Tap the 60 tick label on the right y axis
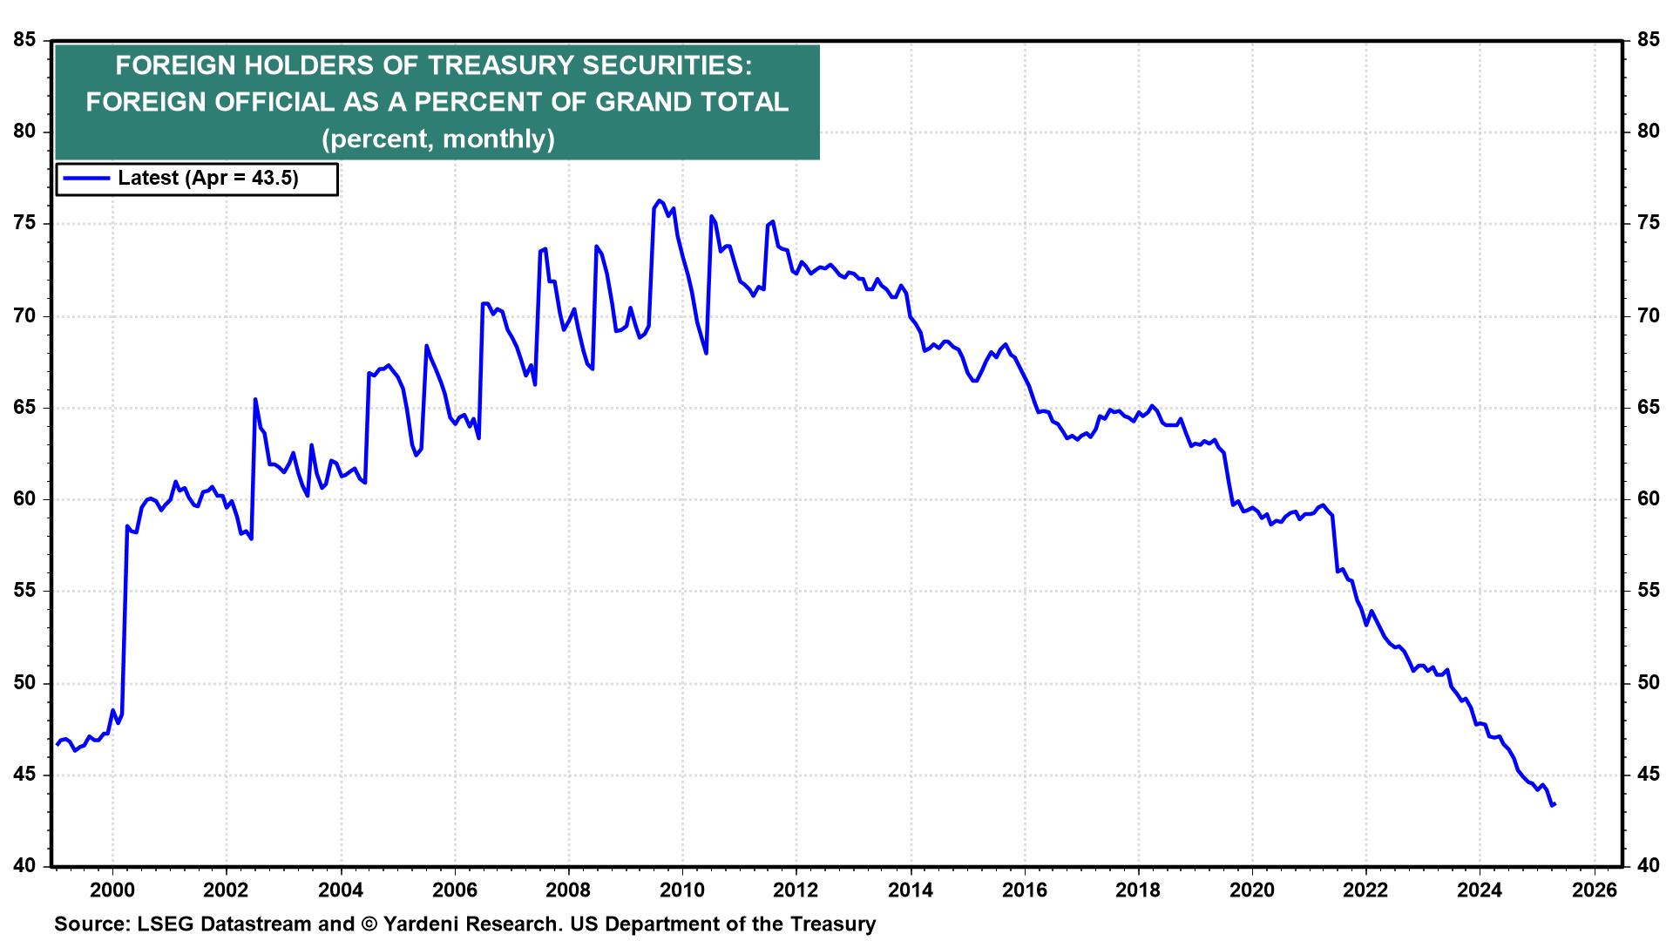tap(1647, 499)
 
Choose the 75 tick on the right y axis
tap(1647, 224)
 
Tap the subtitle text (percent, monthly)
tap(437, 139)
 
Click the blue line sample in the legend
tap(85, 179)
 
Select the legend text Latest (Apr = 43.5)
tap(208, 179)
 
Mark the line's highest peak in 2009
tap(658, 200)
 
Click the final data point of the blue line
tap(1554, 804)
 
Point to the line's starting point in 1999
tap(58, 744)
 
